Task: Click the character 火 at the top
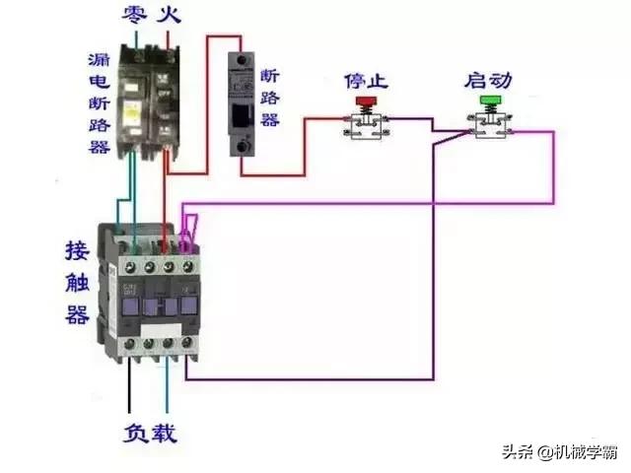pyautogui.click(x=172, y=15)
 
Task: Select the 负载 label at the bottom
pyautogui.click(x=150, y=433)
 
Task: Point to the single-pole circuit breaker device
pyautogui.click(x=243, y=103)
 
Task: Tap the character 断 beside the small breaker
pyautogui.click(x=269, y=75)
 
